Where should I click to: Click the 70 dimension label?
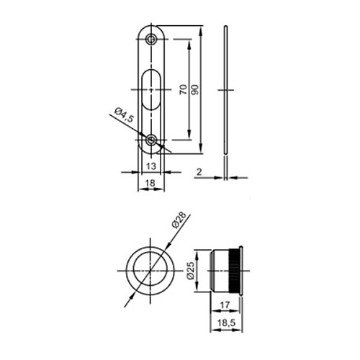pos(184,89)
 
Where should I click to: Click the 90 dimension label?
pos(196,89)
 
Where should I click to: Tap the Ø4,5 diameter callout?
pos(124,114)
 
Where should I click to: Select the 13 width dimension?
pos(151,166)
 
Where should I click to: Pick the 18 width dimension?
pos(150,183)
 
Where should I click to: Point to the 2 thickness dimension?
pos(199,172)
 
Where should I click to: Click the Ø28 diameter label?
pos(179,220)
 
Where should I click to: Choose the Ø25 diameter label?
pos(190,271)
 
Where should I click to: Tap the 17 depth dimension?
pos(225,305)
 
